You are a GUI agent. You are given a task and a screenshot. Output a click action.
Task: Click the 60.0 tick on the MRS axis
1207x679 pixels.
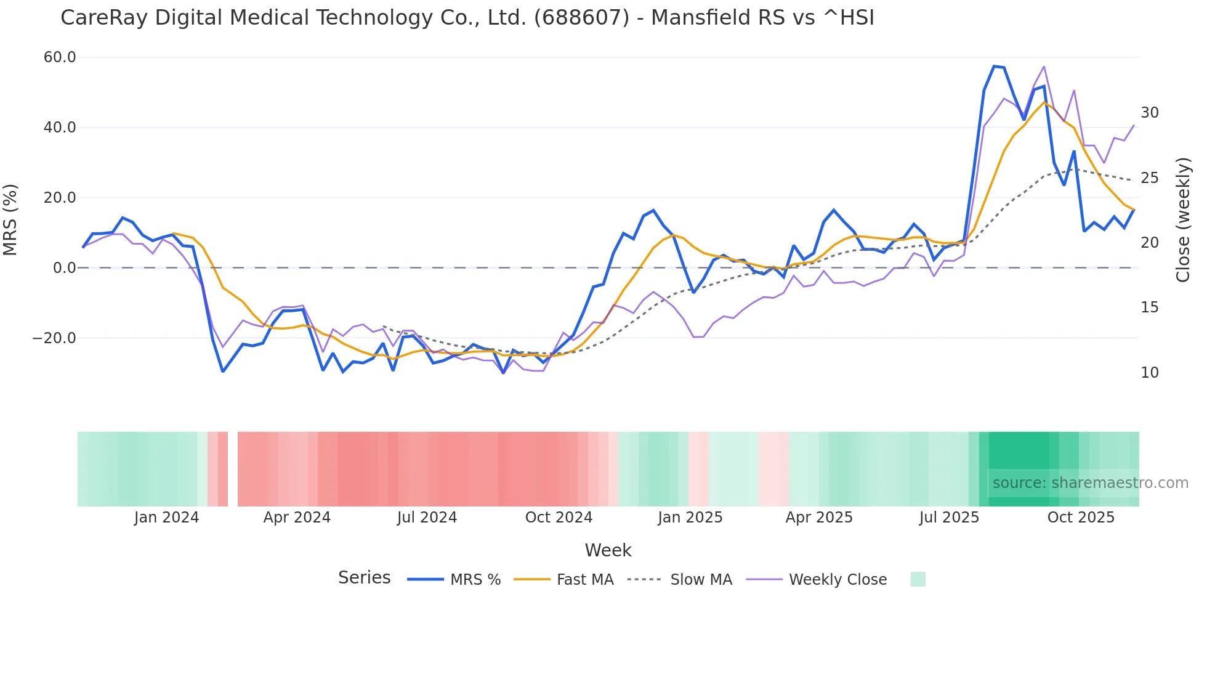click(x=60, y=57)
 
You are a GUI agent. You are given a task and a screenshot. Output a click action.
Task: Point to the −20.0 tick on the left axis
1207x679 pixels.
click(x=54, y=338)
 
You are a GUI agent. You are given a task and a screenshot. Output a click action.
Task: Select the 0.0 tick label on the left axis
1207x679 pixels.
click(x=64, y=268)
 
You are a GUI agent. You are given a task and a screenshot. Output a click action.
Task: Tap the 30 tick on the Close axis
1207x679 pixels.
click(x=1149, y=113)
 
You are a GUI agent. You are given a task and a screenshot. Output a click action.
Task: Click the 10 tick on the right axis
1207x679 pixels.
click(x=1149, y=373)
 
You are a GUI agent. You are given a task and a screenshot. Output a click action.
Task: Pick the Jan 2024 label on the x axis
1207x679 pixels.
click(x=166, y=518)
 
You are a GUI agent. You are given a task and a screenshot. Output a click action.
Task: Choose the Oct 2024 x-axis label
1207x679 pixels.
click(x=559, y=518)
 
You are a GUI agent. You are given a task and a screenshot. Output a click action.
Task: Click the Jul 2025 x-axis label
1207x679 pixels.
click(x=949, y=518)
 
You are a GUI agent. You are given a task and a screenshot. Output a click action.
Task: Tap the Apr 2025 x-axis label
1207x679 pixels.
click(x=819, y=518)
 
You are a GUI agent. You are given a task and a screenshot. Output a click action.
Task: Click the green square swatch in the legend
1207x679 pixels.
click(x=918, y=579)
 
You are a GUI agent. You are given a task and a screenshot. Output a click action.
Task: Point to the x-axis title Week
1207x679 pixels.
click(x=608, y=550)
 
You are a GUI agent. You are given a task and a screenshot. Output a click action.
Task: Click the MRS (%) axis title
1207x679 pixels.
click(x=10, y=219)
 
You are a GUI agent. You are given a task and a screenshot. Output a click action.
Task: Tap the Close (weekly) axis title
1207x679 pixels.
click(x=1182, y=219)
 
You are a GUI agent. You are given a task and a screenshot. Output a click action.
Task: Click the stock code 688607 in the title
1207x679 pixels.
click(x=581, y=18)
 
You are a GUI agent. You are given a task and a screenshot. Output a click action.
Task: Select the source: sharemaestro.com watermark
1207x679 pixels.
click(x=1090, y=483)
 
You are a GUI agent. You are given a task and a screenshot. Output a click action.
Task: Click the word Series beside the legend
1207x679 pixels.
click(x=364, y=578)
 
